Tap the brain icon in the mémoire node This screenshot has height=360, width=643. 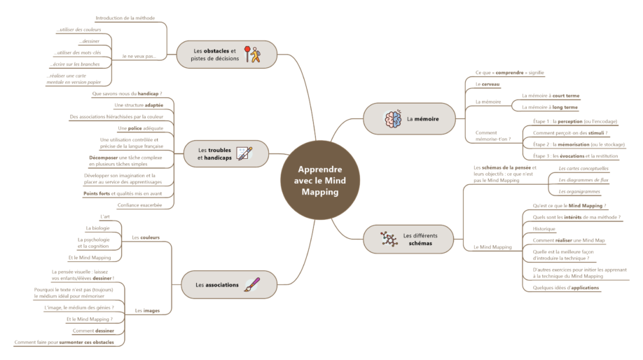[392, 119]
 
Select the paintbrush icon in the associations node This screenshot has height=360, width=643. [252, 285]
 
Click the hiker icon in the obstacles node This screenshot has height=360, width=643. [252, 54]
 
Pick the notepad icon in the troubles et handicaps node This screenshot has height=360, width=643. [244, 153]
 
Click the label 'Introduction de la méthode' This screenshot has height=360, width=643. [125, 18]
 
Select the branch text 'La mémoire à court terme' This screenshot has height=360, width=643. [551, 96]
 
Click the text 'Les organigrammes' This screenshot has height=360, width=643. [578, 191]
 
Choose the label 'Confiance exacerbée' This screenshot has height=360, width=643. [139, 205]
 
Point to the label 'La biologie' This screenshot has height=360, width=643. [97, 228]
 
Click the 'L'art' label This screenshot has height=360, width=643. [105, 217]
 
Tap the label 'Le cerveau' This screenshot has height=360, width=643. [487, 84]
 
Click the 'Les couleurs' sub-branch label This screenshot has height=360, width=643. [146, 237]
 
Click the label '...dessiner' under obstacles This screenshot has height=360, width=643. [90, 42]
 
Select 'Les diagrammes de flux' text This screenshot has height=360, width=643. [583, 180]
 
